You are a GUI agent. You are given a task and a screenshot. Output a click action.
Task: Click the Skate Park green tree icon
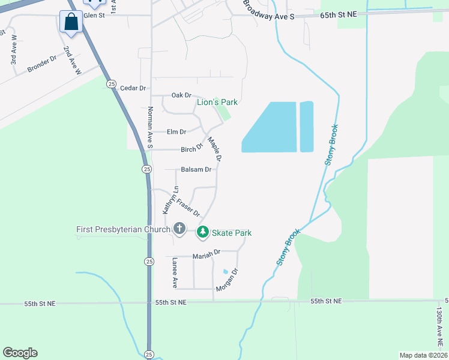click(x=203, y=232)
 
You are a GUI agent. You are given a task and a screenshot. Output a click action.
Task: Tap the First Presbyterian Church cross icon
click(x=179, y=229)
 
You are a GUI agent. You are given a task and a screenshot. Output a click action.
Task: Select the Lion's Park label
click(x=217, y=102)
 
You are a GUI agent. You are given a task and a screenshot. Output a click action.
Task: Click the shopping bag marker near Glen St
click(x=71, y=22)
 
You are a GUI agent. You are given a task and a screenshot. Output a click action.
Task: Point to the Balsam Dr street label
click(x=196, y=170)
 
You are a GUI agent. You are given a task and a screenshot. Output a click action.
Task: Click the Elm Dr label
click(x=176, y=132)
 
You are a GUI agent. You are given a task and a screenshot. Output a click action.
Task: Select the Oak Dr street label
click(x=181, y=95)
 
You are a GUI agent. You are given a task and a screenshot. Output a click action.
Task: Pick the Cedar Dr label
click(x=133, y=88)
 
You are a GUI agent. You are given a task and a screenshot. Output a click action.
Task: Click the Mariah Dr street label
click(x=206, y=256)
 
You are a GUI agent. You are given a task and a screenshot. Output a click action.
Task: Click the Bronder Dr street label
click(x=41, y=65)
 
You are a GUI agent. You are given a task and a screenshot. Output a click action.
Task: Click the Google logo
click(x=20, y=353)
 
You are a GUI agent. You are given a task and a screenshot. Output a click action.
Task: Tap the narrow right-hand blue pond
click(x=306, y=126)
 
